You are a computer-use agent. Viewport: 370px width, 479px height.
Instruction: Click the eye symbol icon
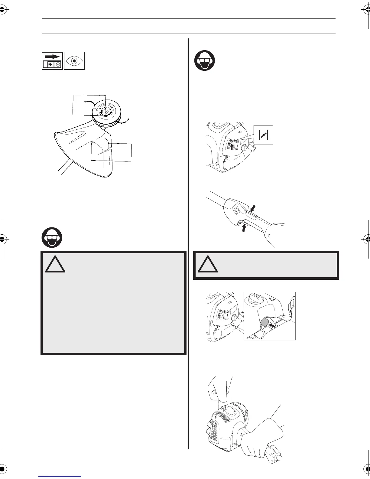(x=74, y=61)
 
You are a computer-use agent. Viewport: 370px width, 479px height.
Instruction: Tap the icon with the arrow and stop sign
(x=52, y=61)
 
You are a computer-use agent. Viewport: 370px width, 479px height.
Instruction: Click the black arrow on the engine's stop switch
(x=232, y=147)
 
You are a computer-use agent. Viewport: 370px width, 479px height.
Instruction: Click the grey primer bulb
(x=264, y=322)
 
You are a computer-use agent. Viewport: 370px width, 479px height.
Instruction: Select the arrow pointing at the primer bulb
(x=272, y=325)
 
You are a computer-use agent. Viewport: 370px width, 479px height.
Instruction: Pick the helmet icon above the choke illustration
(x=204, y=60)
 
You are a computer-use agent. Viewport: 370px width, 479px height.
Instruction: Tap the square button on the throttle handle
(x=236, y=210)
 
